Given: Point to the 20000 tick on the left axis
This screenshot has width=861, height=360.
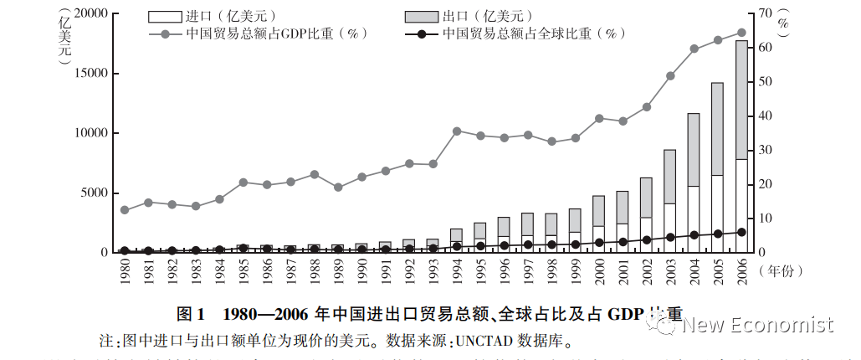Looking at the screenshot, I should coord(91,13).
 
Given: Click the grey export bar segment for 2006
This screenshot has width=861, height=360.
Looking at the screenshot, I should coord(741,100).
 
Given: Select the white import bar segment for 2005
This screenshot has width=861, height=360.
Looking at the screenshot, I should coord(717,213).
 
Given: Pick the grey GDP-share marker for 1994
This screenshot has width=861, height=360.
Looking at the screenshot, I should coord(457,131).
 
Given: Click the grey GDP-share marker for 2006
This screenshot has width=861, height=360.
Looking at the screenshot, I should coord(741,33).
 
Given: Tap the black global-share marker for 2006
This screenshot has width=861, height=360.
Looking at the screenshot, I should coord(741,232).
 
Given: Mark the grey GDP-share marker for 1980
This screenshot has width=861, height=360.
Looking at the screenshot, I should coord(125,210).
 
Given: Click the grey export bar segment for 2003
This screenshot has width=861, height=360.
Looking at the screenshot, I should coord(670,177).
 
